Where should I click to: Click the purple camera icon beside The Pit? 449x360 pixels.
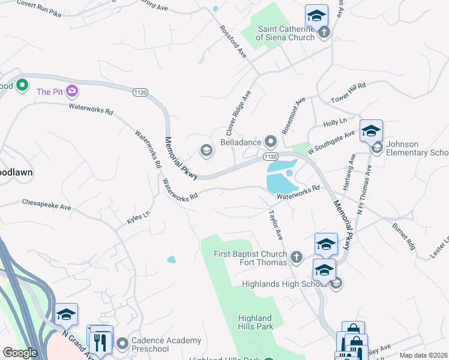[x=73, y=91]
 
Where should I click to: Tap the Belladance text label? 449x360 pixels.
[x=241, y=142]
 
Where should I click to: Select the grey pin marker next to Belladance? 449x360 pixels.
[x=271, y=142]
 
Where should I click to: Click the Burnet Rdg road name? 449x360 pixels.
[x=404, y=236]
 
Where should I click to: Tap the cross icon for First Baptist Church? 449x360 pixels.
[x=296, y=258]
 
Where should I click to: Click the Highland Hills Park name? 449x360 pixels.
[x=255, y=322]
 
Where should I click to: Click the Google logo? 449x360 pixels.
[x=20, y=353]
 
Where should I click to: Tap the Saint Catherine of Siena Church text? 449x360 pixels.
[x=285, y=33]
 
